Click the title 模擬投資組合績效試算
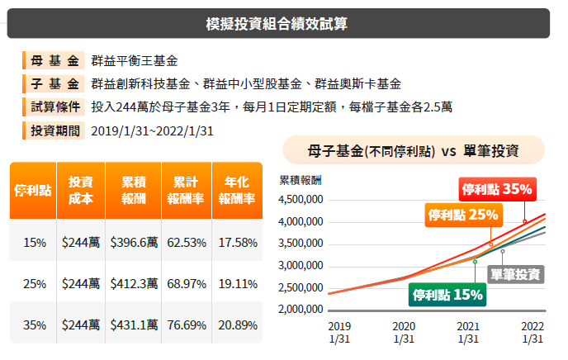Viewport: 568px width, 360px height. pos(277,23)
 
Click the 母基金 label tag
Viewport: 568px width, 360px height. pos(54,61)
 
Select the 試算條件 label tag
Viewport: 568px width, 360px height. pos(54,107)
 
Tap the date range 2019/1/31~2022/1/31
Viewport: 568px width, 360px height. pos(152,130)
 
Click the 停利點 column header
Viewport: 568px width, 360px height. pos(34,191)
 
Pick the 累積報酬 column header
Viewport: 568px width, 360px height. pos(134,191)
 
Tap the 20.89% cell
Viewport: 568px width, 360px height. pos(237,325)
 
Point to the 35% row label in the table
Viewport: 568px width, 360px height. pos(34,325)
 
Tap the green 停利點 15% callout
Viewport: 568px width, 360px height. pos(447,293)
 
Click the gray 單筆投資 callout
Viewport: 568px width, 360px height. pos(515,274)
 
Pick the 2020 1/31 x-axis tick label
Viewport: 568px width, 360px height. pos(404,332)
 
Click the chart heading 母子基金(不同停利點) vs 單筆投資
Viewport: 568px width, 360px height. pos(413,152)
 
